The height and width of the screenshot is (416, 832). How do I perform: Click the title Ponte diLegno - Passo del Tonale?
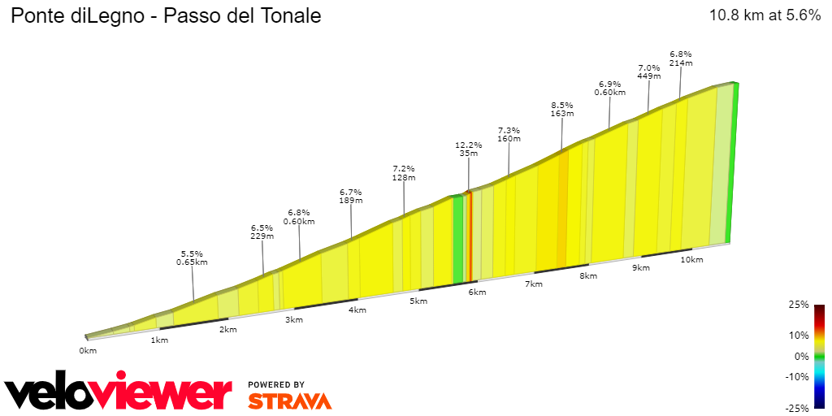(165, 16)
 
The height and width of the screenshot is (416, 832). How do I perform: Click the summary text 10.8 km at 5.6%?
(765, 15)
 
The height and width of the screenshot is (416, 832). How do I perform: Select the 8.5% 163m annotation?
(562, 110)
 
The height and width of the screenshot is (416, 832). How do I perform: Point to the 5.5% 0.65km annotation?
(192, 258)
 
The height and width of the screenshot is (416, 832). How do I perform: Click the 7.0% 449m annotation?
(648, 72)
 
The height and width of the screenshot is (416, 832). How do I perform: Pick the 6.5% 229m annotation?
(262, 232)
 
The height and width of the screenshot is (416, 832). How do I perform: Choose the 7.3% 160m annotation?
(509, 134)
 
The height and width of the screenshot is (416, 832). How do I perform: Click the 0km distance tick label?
(88, 350)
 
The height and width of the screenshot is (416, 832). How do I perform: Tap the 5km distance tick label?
(418, 301)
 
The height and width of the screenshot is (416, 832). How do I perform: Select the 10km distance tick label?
(691, 260)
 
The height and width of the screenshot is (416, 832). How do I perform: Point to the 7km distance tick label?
(534, 284)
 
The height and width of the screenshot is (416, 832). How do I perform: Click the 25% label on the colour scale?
(799, 305)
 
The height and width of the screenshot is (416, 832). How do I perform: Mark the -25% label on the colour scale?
(798, 408)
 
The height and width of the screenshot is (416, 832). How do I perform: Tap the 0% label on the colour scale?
(802, 356)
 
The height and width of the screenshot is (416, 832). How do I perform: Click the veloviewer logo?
(119, 393)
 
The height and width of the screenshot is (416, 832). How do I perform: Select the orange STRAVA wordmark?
(289, 401)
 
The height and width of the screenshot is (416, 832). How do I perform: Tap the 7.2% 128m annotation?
(404, 173)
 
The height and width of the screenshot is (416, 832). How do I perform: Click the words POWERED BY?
(276, 384)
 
